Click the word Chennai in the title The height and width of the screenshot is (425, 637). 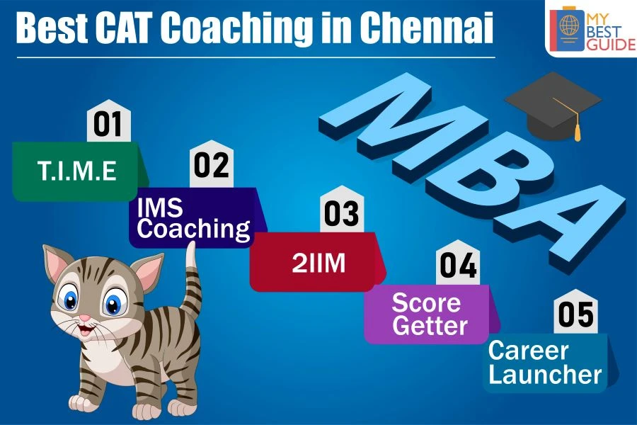pos(427,28)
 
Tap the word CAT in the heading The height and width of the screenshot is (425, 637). pos(125,28)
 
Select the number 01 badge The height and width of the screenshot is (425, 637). pos(108,121)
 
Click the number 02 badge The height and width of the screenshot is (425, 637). pos(211,164)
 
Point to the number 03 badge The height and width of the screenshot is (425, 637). pos(342,210)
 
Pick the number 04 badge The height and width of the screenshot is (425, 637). pos(458,263)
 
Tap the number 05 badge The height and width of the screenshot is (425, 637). pos(575,312)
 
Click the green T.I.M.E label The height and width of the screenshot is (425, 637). pos(77,171)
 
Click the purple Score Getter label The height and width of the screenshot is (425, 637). pos(430,314)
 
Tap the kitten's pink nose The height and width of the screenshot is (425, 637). pos(84,317)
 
